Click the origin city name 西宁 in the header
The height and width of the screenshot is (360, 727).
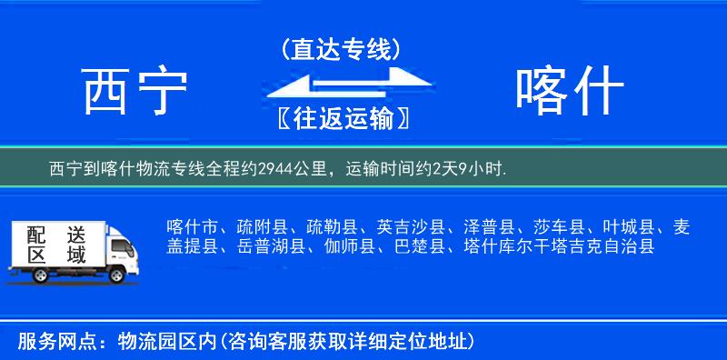click(135, 92)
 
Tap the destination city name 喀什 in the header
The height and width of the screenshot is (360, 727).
click(569, 92)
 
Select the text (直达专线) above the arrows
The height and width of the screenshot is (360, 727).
click(340, 49)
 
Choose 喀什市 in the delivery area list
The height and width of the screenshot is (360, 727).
click(193, 227)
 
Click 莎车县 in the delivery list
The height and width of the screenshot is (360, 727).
click(553, 227)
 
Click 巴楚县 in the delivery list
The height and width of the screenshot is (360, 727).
click(420, 246)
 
